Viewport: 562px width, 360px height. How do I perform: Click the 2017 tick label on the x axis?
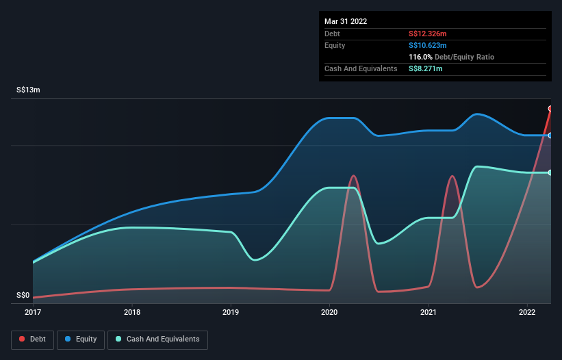click(33, 313)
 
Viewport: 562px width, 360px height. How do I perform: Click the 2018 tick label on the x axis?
click(132, 313)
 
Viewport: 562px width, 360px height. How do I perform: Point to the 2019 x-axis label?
click(231, 313)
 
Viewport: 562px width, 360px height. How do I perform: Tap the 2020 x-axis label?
click(330, 313)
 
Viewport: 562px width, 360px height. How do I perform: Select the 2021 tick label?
click(429, 313)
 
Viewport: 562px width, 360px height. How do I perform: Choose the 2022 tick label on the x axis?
click(527, 313)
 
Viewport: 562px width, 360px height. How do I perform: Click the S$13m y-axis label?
click(28, 90)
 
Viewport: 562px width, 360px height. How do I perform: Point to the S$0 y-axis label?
click(23, 296)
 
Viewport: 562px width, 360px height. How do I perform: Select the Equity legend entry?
click(81, 339)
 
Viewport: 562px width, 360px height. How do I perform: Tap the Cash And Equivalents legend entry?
click(157, 339)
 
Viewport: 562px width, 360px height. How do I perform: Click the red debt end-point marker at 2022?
click(550, 108)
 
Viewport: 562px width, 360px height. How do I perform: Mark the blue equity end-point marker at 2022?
click(550, 136)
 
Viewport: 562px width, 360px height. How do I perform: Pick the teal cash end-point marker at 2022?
click(550, 172)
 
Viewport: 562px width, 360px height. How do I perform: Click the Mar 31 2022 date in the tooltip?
click(346, 21)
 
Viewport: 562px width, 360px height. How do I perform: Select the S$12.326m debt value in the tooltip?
click(428, 34)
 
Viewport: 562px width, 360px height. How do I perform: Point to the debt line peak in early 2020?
click(353, 176)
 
